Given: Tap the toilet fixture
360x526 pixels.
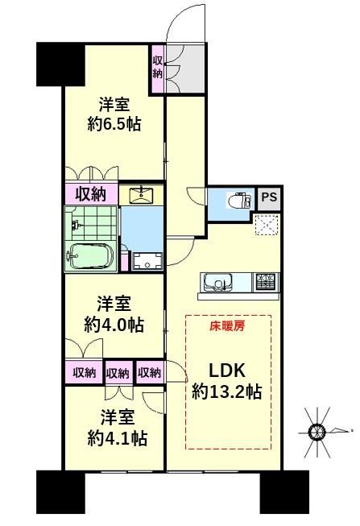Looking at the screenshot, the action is pos(239,201).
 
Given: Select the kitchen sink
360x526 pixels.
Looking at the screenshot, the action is pos(218,281).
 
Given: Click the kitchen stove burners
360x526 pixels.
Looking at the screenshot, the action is pos(267,281).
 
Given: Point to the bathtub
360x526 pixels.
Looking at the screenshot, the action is pos(90,256).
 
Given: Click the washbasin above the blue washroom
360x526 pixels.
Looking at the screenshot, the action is pos(141,195).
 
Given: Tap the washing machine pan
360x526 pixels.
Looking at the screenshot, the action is pos(147,261).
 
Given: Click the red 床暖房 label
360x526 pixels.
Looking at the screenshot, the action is pos(227,325).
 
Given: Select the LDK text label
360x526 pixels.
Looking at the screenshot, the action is pos(227,371).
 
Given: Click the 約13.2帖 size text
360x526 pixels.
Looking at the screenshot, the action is pos(227,391).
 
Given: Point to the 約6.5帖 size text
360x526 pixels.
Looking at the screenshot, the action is pos(114,125).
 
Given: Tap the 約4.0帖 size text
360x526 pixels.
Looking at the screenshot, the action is pos(114,325).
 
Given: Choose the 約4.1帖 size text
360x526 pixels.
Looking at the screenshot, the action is pos(118,438).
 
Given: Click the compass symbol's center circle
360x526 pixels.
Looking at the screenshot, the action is pos(317,432).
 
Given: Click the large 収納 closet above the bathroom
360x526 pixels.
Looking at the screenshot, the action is pos(91,193).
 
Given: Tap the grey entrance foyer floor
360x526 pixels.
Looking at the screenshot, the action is pos(185,68).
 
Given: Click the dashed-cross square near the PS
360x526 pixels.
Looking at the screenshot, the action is pos(267,225).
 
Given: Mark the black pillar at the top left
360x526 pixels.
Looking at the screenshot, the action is pos(60,64).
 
